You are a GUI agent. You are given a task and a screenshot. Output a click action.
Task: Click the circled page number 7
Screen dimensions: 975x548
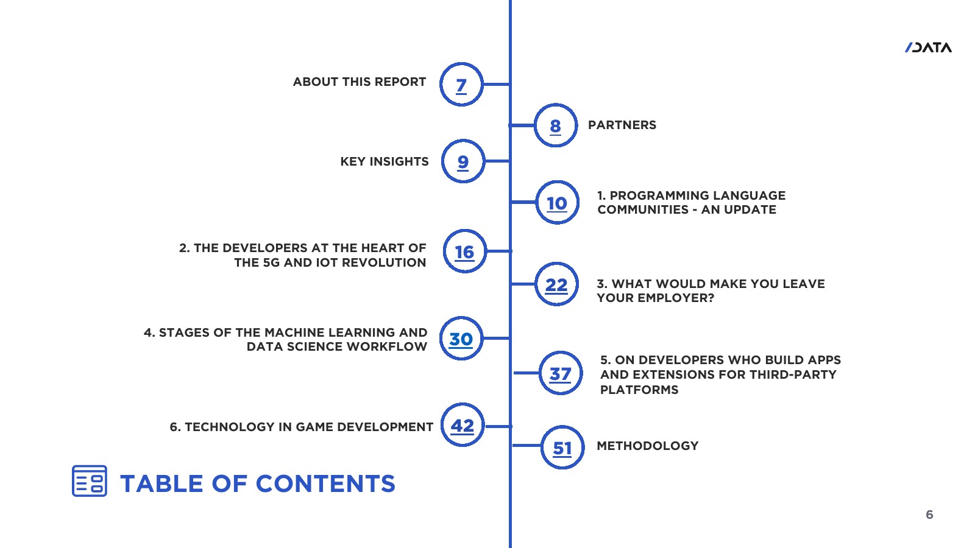click(461, 85)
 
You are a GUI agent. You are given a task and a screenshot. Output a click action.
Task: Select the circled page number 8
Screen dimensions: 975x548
click(555, 125)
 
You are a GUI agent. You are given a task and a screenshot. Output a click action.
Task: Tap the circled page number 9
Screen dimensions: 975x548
click(463, 161)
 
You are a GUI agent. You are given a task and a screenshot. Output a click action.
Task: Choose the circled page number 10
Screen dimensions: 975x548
click(557, 203)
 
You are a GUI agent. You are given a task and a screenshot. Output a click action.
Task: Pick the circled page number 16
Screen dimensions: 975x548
click(465, 251)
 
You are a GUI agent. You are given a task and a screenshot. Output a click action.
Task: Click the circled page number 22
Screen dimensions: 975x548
click(556, 284)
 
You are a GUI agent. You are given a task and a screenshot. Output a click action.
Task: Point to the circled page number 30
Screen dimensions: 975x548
click(461, 339)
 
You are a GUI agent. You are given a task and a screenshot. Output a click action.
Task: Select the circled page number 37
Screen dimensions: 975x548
click(561, 373)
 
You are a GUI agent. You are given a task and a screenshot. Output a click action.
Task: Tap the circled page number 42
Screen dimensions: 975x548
click(463, 425)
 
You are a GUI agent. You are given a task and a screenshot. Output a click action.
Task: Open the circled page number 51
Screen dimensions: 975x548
click(562, 448)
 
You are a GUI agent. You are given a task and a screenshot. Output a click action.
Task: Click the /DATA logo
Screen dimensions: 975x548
click(928, 47)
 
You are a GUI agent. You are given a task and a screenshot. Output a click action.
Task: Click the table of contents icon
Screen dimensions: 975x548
click(90, 481)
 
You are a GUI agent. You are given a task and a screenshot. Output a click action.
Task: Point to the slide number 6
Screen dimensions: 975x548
click(929, 515)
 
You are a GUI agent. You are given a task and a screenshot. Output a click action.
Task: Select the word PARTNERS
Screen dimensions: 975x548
click(622, 125)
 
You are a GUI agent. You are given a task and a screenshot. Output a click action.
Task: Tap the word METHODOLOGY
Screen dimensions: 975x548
click(647, 446)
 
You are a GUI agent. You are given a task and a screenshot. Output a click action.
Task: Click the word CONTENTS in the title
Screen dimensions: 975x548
click(325, 483)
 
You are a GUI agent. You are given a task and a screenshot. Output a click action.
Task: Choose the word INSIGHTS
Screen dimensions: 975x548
click(399, 161)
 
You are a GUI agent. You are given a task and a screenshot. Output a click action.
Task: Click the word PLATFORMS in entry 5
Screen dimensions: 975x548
click(639, 390)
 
